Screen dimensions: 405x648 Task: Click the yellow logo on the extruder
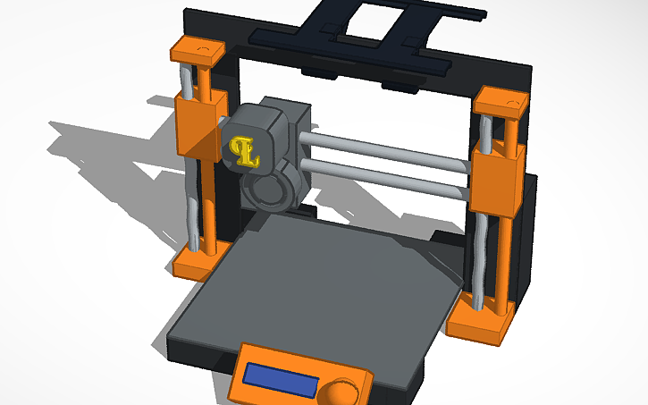[x=243, y=150]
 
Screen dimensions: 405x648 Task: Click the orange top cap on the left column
[x=197, y=52]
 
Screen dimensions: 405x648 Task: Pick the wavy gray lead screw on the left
[x=189, y=215]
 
